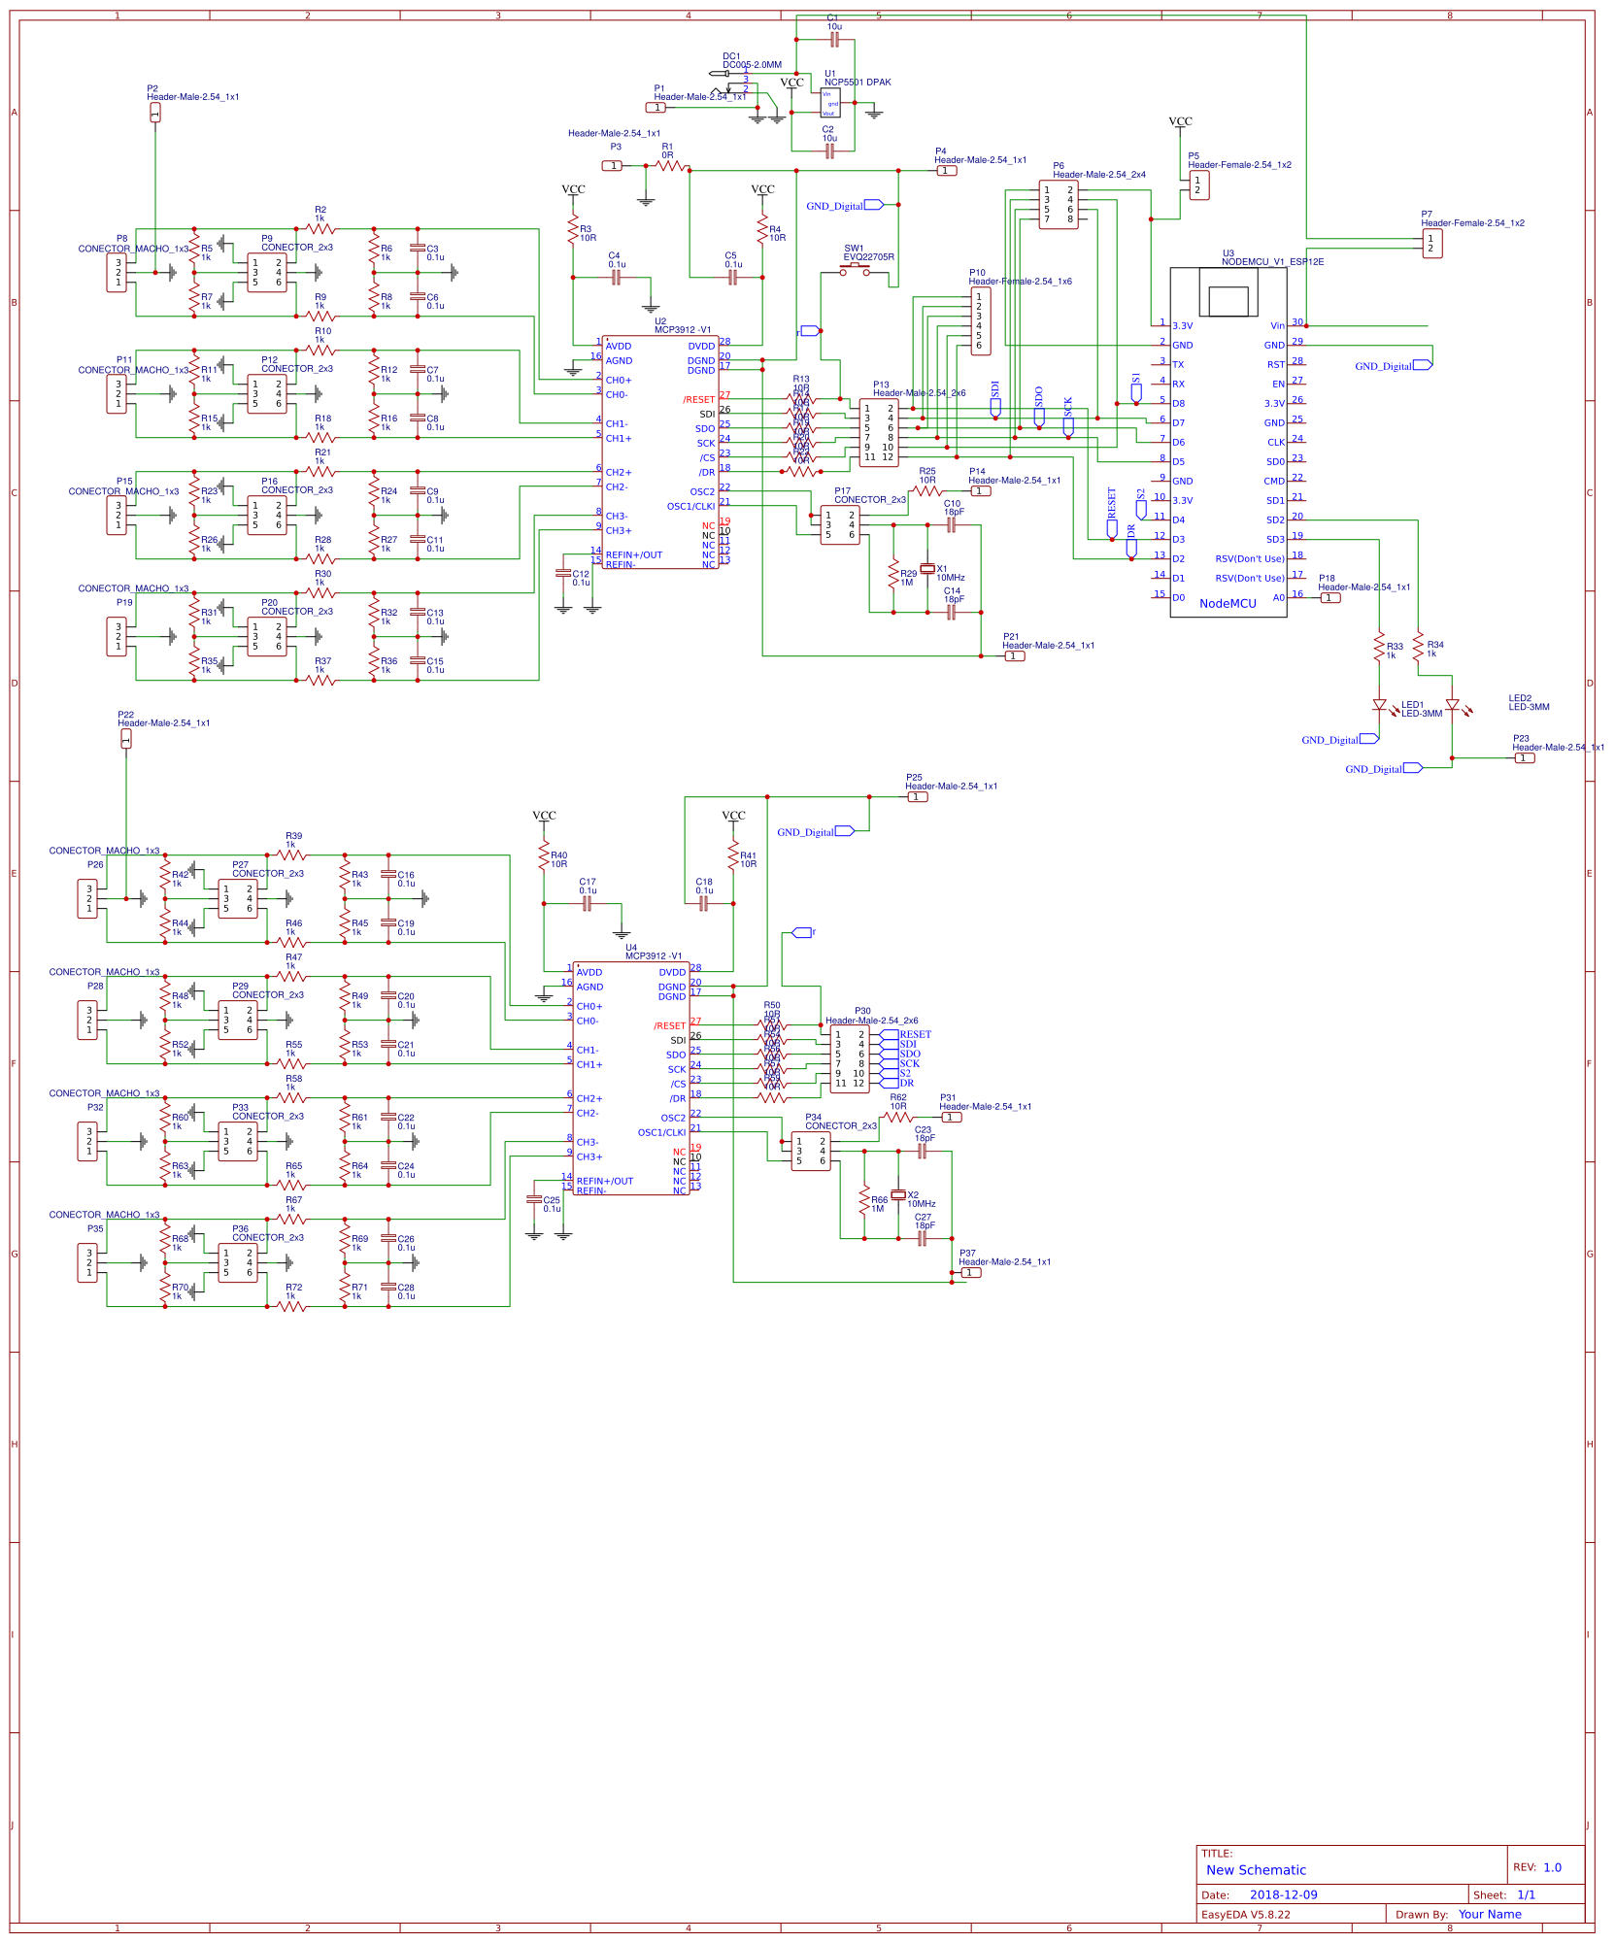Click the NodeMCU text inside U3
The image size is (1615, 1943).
click(1228, 603)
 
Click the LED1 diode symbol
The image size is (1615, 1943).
click(1379, 705)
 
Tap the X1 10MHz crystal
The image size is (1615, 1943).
click(927, 568)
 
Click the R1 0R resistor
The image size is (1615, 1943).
click(670, 166)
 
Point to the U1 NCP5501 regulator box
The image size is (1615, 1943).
click(830, 103)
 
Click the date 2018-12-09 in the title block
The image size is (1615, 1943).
click(1283, 1894)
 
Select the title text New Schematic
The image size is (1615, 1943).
click(1256, 1870)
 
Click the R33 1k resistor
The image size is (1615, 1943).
click(1379, 647)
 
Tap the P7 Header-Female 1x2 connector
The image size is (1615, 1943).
click(1432, 244)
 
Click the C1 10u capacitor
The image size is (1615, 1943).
click(834, 40)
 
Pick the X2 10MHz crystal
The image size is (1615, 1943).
click(898, 1194)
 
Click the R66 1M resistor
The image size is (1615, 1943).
click(864, 1200)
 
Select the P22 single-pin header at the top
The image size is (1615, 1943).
click(126, 739)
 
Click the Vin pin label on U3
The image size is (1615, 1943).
click(1277, 326)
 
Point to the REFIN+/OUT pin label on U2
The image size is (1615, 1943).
click(633, 555)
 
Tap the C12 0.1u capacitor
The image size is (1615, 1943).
click(563, 574)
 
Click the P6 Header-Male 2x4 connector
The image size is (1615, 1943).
click(1058, 205)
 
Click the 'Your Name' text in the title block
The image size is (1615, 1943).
click(1489, 1914)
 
